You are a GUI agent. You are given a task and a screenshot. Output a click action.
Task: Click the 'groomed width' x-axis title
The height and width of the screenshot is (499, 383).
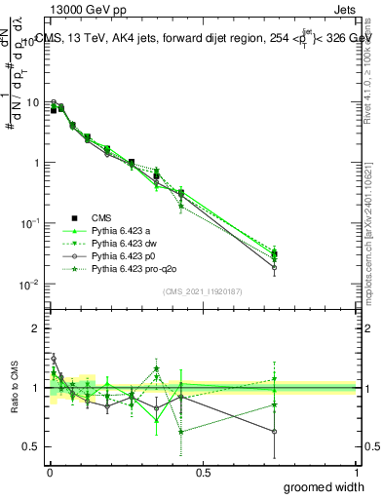(x=326, y=486)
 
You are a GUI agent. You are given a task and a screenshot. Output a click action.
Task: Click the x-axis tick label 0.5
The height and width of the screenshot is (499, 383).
(x=203, y=472)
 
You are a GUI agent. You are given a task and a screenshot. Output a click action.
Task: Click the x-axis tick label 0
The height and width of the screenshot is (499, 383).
(x=49, y=472)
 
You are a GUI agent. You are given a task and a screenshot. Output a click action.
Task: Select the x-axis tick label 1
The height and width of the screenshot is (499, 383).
(x=356, y=472)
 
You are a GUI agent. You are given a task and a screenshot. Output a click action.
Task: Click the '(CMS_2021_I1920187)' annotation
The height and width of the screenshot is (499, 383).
(x=202, y=291)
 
